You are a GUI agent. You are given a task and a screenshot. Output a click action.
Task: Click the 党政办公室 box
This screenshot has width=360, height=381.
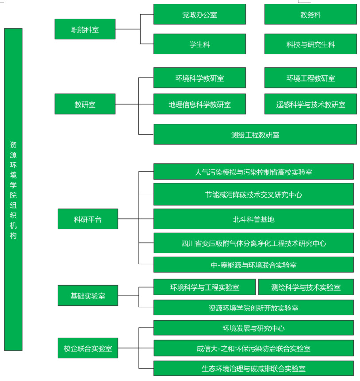199,15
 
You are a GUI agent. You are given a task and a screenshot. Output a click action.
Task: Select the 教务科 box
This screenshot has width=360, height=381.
310,15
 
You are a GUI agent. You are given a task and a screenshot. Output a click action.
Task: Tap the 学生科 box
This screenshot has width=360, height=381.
199,44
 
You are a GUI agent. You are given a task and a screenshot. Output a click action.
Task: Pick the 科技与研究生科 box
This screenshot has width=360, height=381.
310,44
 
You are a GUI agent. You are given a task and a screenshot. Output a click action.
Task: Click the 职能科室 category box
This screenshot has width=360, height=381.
85,29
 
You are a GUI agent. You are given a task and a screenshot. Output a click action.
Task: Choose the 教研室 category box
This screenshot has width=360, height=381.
85,105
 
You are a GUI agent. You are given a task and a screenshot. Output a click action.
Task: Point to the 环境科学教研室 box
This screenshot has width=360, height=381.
199,78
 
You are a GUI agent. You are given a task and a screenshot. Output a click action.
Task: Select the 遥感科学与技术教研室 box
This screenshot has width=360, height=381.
310,105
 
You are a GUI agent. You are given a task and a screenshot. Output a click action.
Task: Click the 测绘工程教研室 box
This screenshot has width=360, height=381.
255,135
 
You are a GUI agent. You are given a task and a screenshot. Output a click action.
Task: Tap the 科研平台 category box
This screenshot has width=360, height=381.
88,219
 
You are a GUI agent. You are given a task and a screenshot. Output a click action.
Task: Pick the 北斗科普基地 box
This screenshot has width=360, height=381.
253,219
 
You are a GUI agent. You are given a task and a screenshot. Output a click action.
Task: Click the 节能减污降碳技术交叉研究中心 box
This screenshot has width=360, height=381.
253,194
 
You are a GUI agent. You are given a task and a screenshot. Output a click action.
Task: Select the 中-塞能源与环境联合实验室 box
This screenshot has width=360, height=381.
253,265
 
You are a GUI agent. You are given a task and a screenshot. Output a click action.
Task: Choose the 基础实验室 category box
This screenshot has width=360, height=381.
88,295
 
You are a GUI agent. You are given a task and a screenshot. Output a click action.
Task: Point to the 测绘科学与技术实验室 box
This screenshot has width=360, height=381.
306,287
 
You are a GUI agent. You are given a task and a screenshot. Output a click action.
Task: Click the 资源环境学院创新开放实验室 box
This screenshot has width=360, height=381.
253,307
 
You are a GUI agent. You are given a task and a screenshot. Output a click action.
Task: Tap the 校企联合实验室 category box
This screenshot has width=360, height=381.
88,348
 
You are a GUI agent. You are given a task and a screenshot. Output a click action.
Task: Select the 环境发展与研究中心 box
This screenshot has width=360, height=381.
253,328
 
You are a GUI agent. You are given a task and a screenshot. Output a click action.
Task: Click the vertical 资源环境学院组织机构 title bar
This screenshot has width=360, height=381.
13,190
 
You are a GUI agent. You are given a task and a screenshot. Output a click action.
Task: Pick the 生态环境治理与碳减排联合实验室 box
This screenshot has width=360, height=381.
253,368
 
